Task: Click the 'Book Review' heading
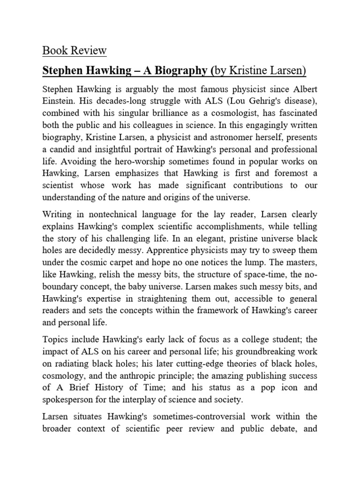click(75, 50)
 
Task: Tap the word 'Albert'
click(301, 90)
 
